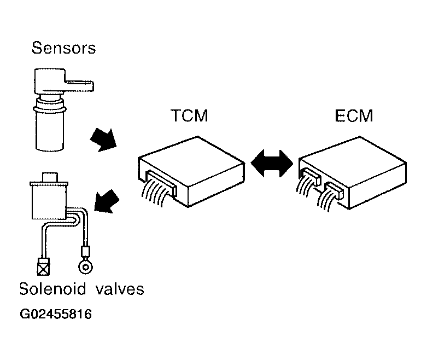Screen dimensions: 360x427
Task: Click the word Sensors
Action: click(x=63, y=48)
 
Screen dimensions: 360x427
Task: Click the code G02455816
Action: click(x=55, y=315)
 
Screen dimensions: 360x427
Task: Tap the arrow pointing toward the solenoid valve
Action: click(x=107, y=201)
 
